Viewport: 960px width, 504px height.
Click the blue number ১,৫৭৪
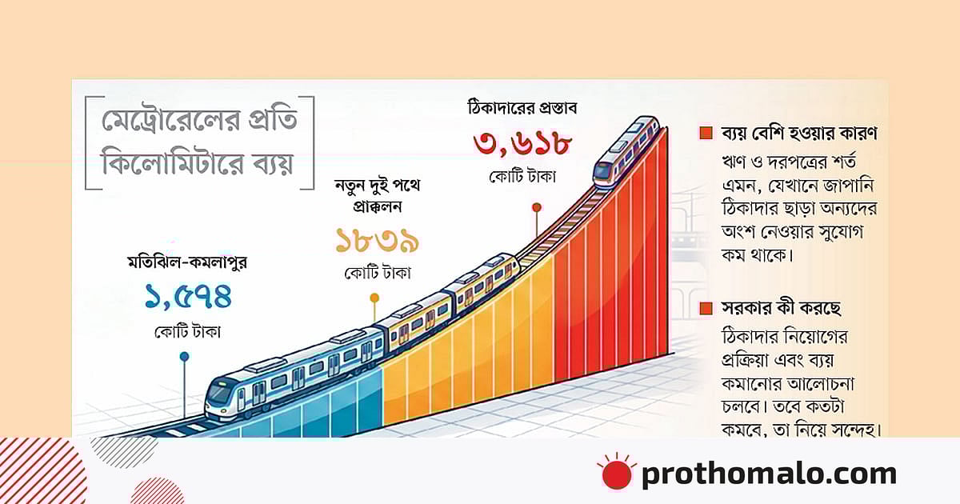(x=188, y=297)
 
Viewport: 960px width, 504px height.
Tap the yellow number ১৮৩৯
(x=378, y=240)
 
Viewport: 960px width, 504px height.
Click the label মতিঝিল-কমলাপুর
(x=188, y=262)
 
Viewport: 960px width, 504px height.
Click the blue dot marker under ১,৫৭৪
(x=185, y=356)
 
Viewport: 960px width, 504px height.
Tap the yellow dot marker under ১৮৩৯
(x=374, y=298)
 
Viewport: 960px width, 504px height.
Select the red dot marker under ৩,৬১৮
(x=536, y=207)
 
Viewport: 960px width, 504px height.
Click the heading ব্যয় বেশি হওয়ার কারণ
(x=797, y=134)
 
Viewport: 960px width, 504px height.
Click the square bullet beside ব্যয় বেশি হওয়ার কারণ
(x=706, y=134)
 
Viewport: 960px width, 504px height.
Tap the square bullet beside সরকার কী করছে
(x=706, y=309)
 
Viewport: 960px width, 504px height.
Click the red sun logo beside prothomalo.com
(x=616, y=473)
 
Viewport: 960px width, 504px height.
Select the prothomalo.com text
(x=768, y=474)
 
